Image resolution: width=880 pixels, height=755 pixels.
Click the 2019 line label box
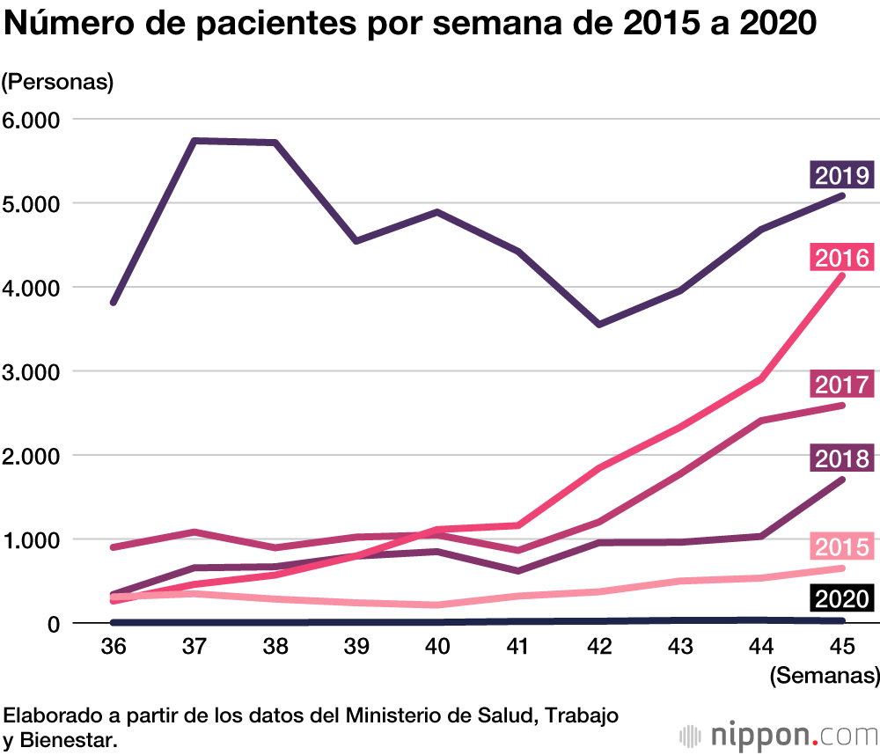(x=841, y=175)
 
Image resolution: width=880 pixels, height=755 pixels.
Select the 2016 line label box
(x=841, y=259)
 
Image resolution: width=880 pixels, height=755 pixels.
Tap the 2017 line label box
(x=841, y=385)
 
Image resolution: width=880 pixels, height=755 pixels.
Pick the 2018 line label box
(x=841, y=458)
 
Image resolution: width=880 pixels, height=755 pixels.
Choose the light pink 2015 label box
(x=841, y=546)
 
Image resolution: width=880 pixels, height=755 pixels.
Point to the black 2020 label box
(x=841, y=599)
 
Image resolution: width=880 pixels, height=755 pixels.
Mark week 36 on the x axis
(x=114, y=647)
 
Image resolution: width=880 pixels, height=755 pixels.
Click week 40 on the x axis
(x=436, y=647)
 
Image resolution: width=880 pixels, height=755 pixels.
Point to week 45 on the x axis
(x=843, y=647)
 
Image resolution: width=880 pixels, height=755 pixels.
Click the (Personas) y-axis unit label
(x=58, y=83)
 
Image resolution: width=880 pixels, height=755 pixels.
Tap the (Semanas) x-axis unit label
(x=824, y=676)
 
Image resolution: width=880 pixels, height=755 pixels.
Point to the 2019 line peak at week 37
(x=194, y=141)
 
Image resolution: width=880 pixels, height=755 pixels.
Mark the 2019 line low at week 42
(x=599, y=325)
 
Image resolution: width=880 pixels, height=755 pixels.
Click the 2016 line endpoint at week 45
(x=842, y=275)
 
